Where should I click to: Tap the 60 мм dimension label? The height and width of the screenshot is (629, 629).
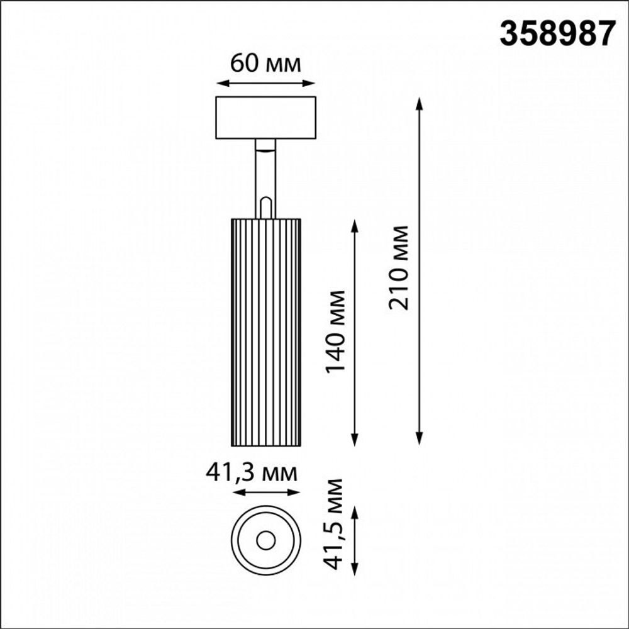click(265, 63)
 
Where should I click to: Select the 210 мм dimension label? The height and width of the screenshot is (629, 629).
click(399, 267)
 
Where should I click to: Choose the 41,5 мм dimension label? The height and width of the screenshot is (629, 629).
click(336, 523)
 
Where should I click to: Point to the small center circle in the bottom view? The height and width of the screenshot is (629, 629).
click(265, 539)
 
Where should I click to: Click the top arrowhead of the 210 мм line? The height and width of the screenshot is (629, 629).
click(420, 102)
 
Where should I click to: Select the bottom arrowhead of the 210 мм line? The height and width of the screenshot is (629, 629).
click(420, 441)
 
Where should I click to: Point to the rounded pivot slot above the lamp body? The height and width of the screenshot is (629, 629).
click(265, 208)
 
